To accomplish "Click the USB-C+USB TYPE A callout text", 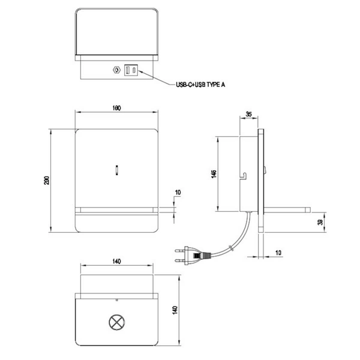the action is (200, 85).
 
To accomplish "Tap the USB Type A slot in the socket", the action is (128, 70).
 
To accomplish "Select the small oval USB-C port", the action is (134, 70).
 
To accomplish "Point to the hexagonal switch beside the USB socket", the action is (116, 70).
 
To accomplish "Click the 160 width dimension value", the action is (116, 108).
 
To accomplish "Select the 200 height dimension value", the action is (47, 181).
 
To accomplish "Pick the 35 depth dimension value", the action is (248, 114).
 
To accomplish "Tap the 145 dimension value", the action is (214, 174).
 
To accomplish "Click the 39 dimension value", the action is (320, 222).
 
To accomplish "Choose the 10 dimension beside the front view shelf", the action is (178, 193).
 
